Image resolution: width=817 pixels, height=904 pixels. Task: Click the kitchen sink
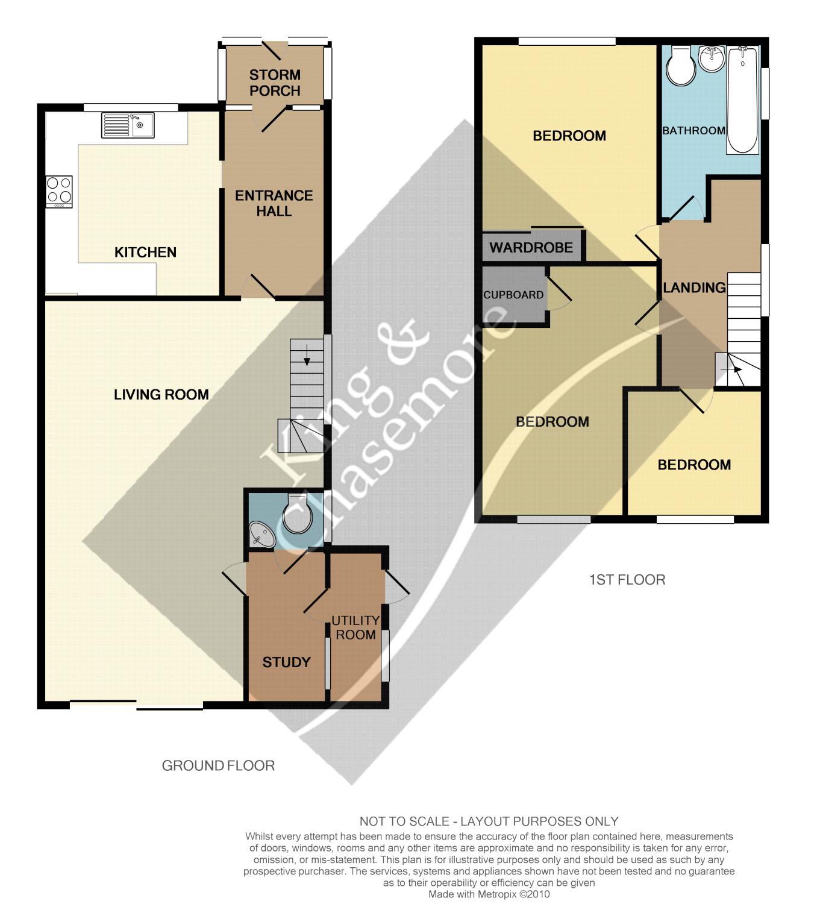[128, 125]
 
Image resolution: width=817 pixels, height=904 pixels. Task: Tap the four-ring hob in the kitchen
[59, 191]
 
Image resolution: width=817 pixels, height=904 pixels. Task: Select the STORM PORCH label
[275, 83]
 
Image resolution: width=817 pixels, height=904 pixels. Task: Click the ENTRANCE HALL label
[274, 203]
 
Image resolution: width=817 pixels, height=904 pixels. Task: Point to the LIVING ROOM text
[161, 394]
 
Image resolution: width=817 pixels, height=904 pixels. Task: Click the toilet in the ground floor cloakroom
[296, 515]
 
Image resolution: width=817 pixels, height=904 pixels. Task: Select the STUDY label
[286, 662]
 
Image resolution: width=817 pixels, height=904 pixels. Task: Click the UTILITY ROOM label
[355, 627]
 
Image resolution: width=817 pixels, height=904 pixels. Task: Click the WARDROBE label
[531, 248]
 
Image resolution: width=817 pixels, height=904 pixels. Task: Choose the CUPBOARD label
[513, 295]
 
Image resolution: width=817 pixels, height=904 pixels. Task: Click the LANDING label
[694, 287]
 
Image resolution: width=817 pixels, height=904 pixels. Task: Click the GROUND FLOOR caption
[218, 765]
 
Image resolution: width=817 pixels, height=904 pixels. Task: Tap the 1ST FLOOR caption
[627, 580]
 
